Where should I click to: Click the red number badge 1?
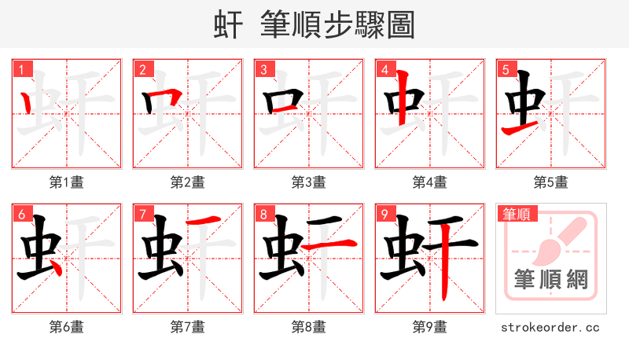21,69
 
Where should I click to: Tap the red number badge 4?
384,69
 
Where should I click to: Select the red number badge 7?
142,214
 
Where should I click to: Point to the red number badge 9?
384,214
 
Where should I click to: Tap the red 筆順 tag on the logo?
516,214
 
